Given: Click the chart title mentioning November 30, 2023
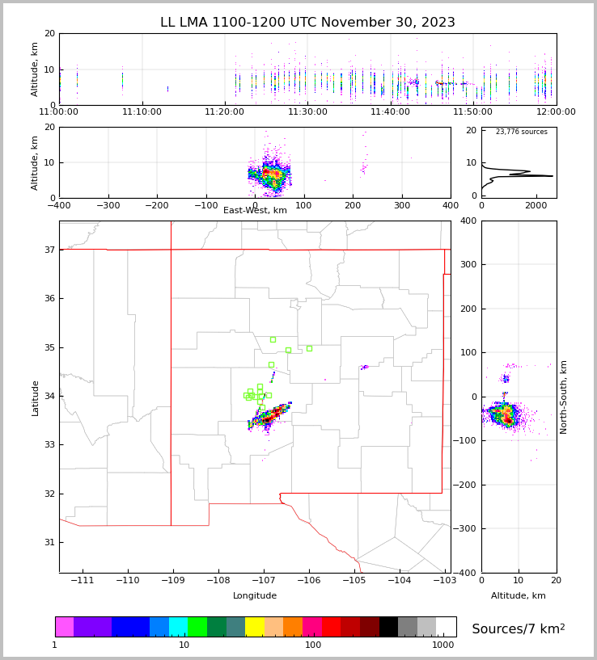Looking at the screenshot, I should [307, 23].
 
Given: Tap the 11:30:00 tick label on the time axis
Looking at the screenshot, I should [307, 112].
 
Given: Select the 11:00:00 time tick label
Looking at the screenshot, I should [59, 112].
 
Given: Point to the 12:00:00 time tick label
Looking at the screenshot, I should [556, 112].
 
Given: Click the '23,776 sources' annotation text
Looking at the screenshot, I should [521, 132].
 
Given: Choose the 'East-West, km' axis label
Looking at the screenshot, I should [255, 211].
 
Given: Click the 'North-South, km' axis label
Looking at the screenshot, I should [565, 397].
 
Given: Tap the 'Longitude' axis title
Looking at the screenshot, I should [255, 596].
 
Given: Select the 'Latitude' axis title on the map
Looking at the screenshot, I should [36, 397].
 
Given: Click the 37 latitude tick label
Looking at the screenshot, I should [49, 250].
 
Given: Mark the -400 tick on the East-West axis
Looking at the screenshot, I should [59, 206].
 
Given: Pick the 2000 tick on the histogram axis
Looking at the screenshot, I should [536, 206].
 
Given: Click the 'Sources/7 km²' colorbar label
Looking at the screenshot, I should [519, 629].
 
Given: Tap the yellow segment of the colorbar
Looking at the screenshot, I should [255, 627].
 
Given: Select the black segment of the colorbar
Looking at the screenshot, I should [388, 627].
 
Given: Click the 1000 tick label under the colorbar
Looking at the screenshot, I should [442, 645].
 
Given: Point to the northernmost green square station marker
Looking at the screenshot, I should [273, 339].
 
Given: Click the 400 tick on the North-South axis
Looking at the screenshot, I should [491, 221].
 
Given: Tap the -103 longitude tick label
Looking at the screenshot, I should [443, 581].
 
